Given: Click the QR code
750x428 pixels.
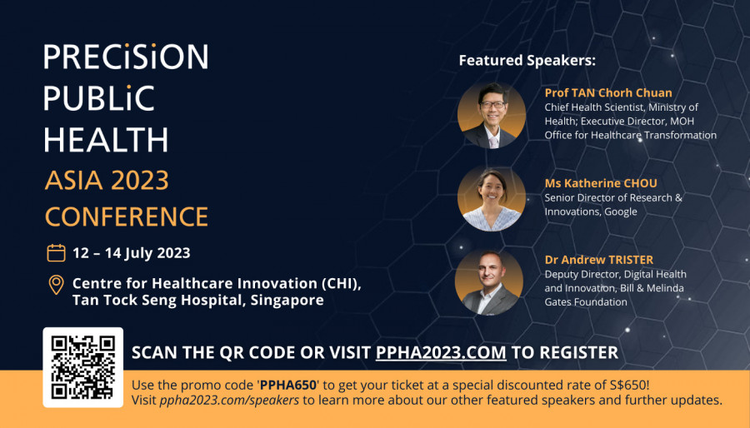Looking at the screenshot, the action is pos(83,367).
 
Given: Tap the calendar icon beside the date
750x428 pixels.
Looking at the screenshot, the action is pos(56,252).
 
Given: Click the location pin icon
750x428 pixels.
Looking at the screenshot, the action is pos(56,285).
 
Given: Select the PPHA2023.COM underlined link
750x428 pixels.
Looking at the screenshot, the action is pos(441,352).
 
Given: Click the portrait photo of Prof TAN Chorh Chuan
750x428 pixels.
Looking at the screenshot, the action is pos(492,115).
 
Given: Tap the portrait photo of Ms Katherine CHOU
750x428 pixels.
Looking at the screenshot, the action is pos(492,199).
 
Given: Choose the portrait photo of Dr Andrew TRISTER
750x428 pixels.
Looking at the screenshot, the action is pos(489,281).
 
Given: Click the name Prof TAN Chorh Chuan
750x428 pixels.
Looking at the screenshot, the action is pos(608,92).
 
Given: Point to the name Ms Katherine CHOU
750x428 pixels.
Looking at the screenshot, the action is pos(601,183).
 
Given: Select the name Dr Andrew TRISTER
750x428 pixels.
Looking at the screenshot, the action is pos(599,259).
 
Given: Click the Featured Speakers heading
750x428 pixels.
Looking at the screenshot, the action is pos(527,61).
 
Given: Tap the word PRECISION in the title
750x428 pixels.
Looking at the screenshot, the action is pos(126,57).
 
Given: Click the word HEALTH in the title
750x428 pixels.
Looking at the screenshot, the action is pos(106,140).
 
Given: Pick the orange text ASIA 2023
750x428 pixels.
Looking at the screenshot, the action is pos(107,180).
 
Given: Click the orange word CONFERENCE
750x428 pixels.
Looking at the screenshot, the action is pos(127,216).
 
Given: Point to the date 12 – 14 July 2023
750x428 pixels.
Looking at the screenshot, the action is pos(132,252).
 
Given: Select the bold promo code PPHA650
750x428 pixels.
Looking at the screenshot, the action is pos(288,385).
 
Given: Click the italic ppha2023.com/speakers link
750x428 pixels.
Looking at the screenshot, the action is pos(229,401).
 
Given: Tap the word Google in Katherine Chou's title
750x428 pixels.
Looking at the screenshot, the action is pos(621,212).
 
